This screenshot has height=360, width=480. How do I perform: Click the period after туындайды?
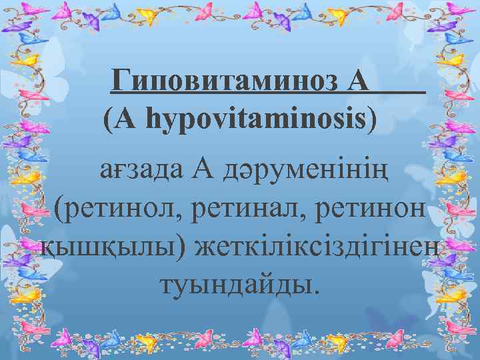point(317,292)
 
